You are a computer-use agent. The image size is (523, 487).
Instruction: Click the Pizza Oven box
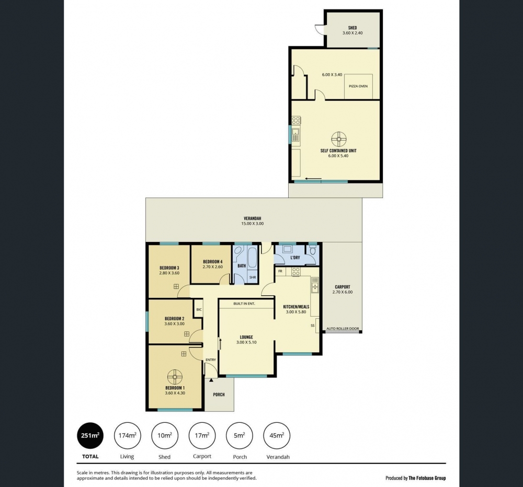coord(358,86)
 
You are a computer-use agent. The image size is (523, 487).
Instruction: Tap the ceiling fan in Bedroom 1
coord(175,377)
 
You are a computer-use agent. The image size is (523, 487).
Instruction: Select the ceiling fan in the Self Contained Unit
coord(339,138)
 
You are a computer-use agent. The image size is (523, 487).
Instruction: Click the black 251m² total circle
coord(90,435)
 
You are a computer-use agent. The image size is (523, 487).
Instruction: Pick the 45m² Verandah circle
coord(277,435)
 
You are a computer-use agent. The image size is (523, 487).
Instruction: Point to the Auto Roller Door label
coord(343,329)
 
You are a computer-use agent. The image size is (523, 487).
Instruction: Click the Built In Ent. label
coord(244,304)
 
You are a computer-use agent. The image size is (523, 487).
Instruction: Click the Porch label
coord(219,395)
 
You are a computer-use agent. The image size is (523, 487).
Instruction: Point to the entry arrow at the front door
coord(211,380)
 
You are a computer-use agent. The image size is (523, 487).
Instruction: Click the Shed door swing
coord(320,29)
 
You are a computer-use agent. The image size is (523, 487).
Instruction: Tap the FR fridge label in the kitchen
coord(280,271)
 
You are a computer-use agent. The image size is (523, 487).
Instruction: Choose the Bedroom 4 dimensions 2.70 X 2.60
coord(213,266)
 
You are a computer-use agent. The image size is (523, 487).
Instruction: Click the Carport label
coord(343,287)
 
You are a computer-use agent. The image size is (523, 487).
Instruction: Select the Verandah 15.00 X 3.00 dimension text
coord(253,224)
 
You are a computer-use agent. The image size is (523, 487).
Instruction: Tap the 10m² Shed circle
coord(165,435)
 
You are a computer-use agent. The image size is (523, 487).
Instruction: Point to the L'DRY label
coord(295,258)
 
